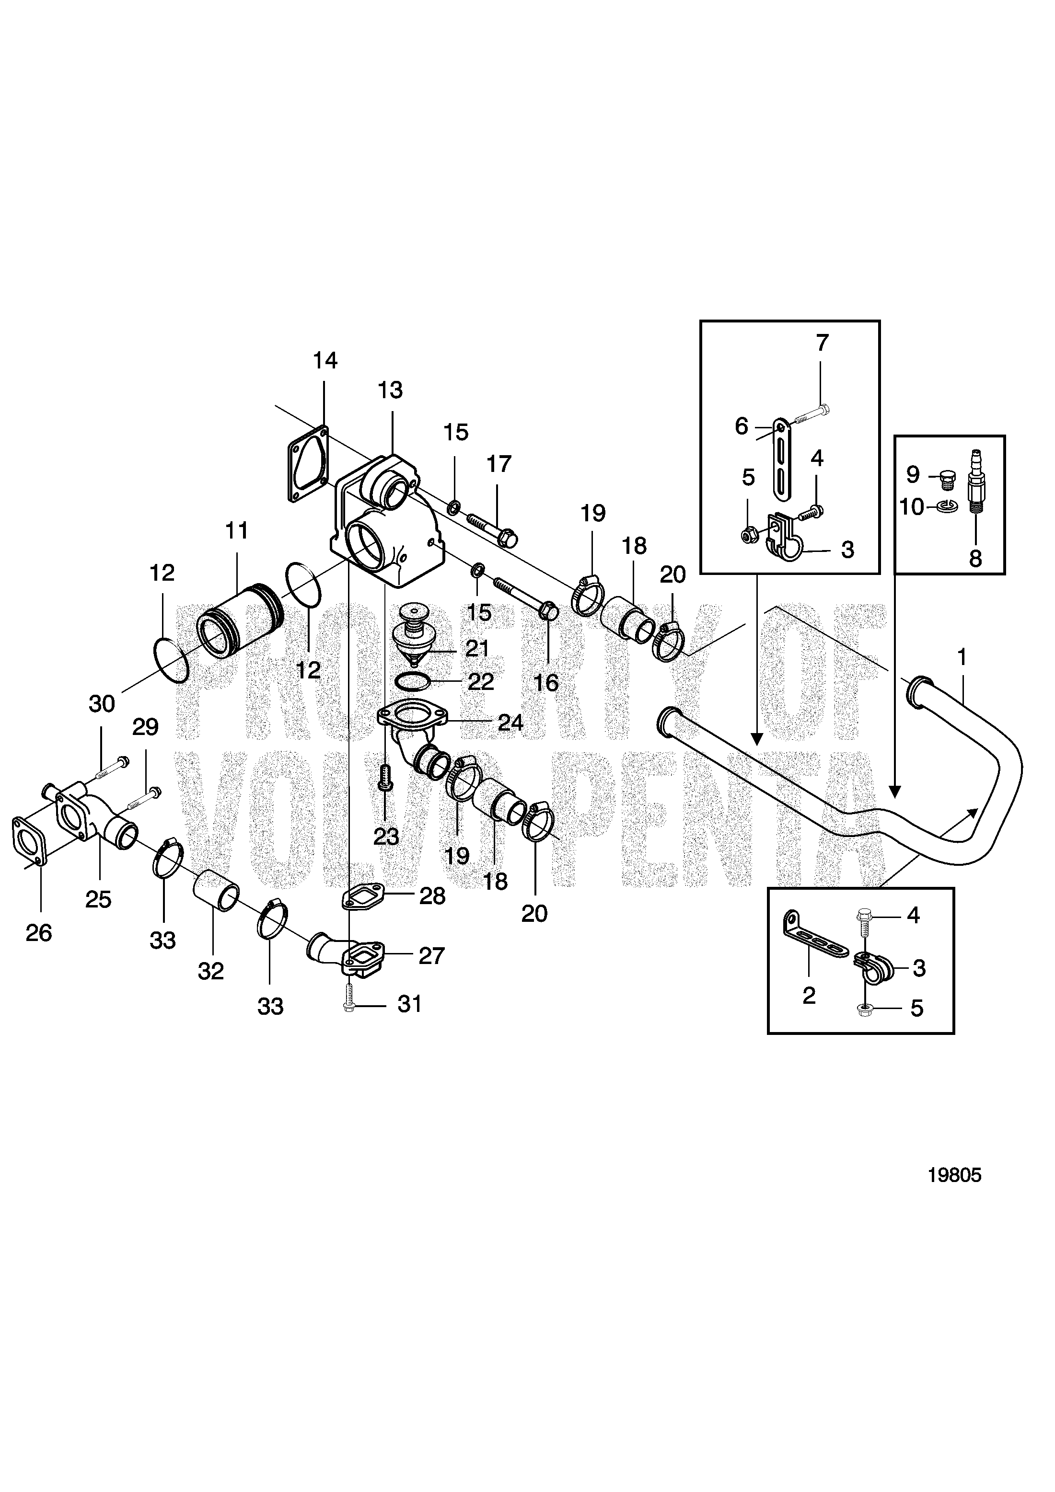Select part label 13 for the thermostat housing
click(390, 390)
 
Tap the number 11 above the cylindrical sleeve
click(237, 531)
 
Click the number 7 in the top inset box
click(823, 343)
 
